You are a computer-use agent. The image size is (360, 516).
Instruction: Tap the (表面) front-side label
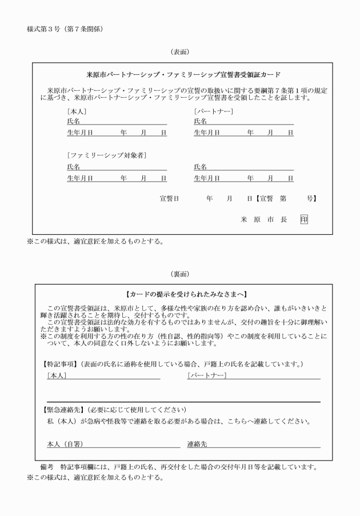point(180,52)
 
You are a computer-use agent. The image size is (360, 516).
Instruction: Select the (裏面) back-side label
point(180,274)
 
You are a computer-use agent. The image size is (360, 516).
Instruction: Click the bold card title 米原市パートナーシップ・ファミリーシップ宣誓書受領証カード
point(183,75)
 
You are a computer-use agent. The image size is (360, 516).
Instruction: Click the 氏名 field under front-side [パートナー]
point(243,121)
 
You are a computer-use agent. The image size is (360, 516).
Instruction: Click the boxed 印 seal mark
point(304,219)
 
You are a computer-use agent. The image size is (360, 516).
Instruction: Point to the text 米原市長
point(264,219)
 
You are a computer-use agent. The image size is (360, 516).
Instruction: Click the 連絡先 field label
point(197,444)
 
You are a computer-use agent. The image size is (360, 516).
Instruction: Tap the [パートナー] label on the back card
point(207,375)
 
